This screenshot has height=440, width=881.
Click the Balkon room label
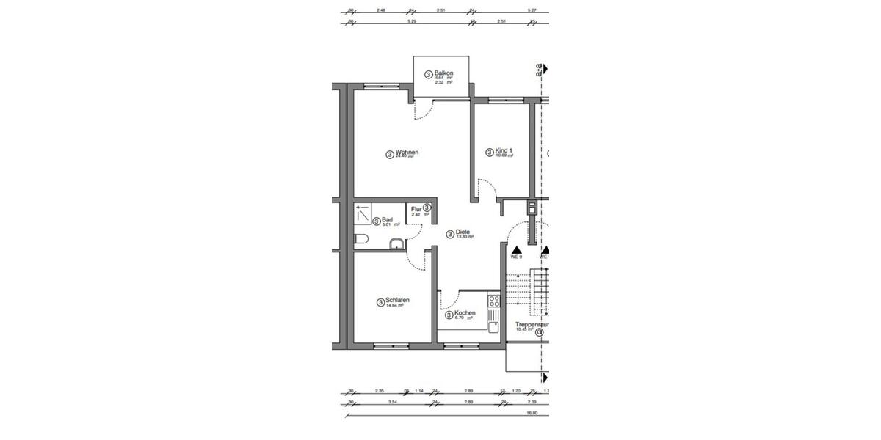click(443, 73)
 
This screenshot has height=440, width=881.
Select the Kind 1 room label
click(504, 151)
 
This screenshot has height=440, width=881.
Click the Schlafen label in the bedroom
click(397, 301)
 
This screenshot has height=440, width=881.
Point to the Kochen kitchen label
click(465, 313)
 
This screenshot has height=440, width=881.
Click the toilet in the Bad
click(360, 239)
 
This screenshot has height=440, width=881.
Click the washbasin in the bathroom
click(396, 244)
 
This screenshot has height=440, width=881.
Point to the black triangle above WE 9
click(516, 249)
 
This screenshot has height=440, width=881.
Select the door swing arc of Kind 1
click(485, 189)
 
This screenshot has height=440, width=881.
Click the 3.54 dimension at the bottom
click(393, 403)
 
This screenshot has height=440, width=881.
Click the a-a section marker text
click(540, 71)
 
